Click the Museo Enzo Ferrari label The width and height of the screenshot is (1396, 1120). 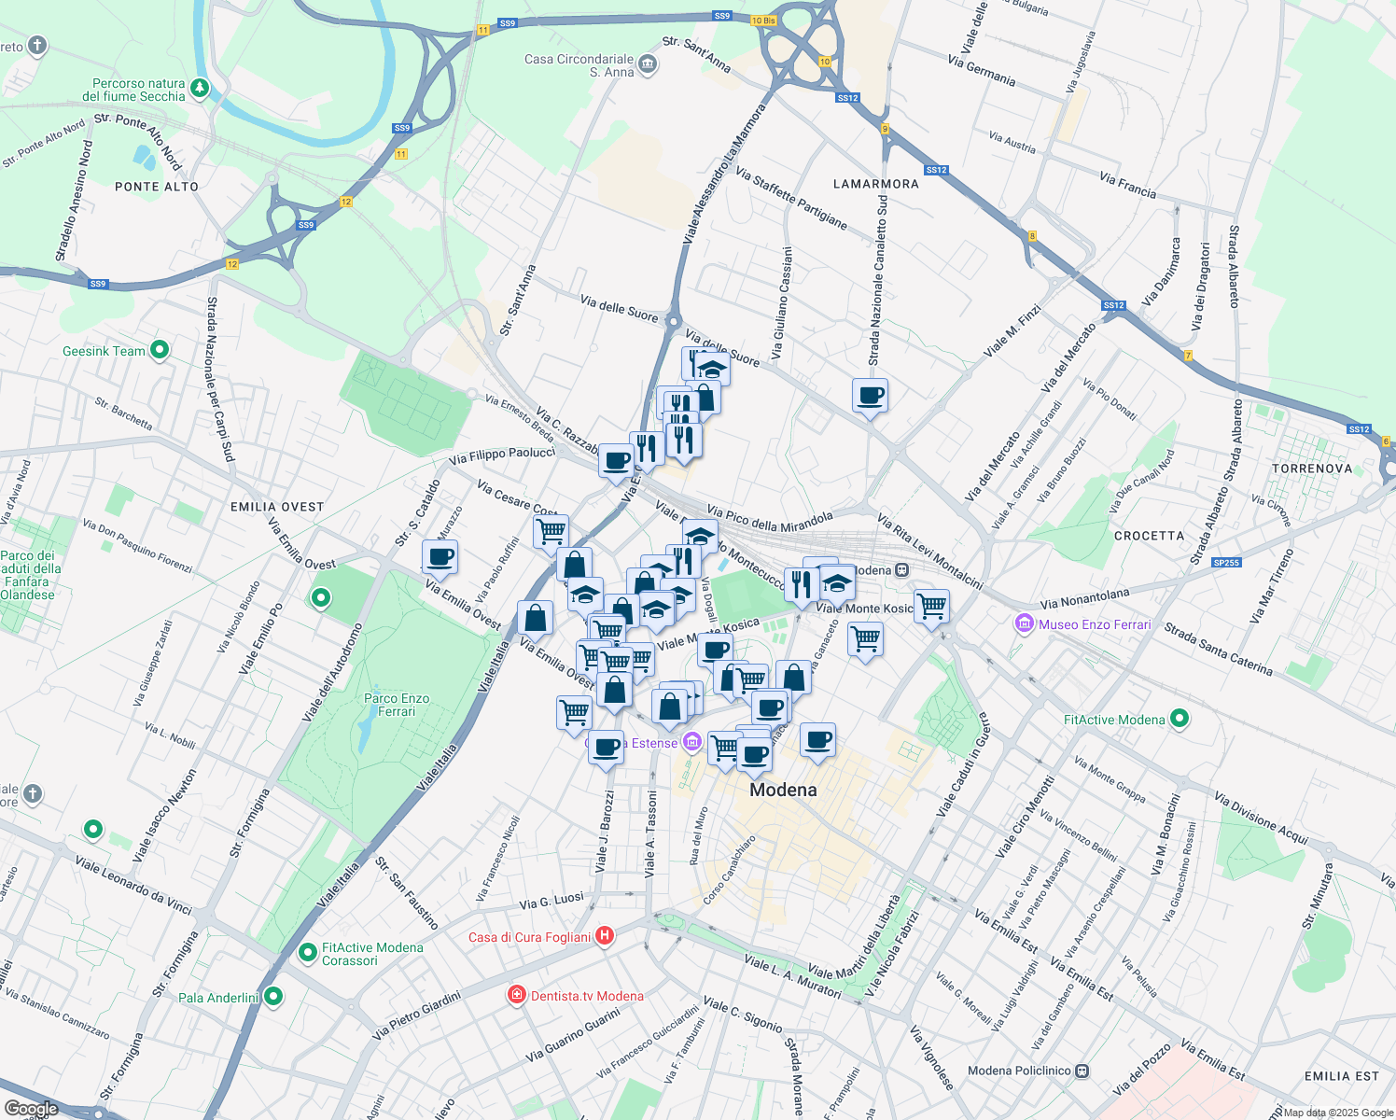pyautogui.click(x=1095, y=624)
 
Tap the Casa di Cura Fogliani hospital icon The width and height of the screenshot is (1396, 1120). pyautogui.click(x=605, y=935)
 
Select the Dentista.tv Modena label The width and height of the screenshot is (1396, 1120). pyautogui.click(x=587, y=996)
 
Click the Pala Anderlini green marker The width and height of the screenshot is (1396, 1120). pyautogui.click(x=273, y=997)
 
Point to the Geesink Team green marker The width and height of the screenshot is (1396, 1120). pyautogui.click(x=160, y=350)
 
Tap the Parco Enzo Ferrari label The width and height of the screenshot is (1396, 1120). pyautogui.click(x=397, y=705)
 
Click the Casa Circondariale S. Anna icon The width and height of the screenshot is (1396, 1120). pyautogui.click(x=649, y=64)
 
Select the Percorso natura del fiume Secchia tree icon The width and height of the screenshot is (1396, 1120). pyautogui.click(x=200, y=89)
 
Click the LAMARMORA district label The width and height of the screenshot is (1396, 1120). pyautogui.click(x=875, y=184)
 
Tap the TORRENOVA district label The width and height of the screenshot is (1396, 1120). pyautogui.click(x=1311, y=469)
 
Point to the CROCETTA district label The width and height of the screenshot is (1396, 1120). pyautogui.click(x=1149, y=536)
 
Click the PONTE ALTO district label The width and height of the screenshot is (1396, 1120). pyautogui.click(x=157, y=187)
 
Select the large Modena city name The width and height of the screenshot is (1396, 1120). pyautogui.click(x=783, y=790)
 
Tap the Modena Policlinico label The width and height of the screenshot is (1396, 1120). pyautogui.click(x=1019, y=1071)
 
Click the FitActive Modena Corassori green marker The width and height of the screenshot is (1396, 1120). pyautogui.click(x=307, y=953)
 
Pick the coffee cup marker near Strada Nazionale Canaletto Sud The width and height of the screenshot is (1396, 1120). pyautogui.click(x=870, y=396)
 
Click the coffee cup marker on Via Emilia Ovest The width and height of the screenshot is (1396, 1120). pyautogui.click(x=440, y=557)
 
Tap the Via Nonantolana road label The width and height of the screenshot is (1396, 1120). pyautogui.click(x=1084, y=598)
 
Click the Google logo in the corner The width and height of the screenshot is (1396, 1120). pyautogui.click(x=32, y=1109)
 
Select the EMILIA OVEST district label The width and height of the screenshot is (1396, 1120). pyautogui.click(x=277, y=507)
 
